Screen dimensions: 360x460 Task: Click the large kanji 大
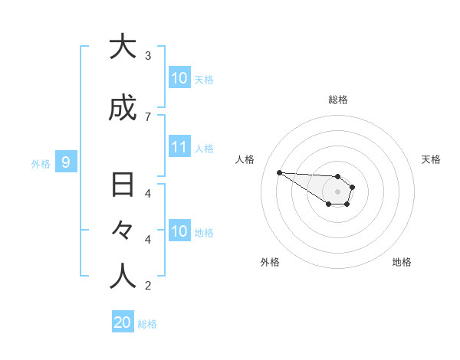point(123,47)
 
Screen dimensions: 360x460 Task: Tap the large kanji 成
point(123,109)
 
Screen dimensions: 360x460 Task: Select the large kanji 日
point(123,185)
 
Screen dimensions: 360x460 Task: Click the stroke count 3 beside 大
point(148,56)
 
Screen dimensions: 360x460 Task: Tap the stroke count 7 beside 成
point(148,117)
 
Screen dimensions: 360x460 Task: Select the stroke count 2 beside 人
point(148,286)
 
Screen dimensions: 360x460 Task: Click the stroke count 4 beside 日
point(148,194)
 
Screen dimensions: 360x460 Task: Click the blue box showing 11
point(179,147)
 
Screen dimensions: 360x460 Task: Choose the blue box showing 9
point(66,162)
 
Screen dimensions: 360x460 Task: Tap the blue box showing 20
point(123,322)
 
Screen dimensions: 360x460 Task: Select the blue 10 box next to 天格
point(179,78)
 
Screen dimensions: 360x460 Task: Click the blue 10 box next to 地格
point(179,231)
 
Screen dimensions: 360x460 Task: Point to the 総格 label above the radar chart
point(338,100)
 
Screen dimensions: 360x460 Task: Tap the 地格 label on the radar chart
point(402,262)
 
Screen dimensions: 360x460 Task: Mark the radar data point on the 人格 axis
point(279,172)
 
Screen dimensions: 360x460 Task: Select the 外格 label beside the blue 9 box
point(40,163)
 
